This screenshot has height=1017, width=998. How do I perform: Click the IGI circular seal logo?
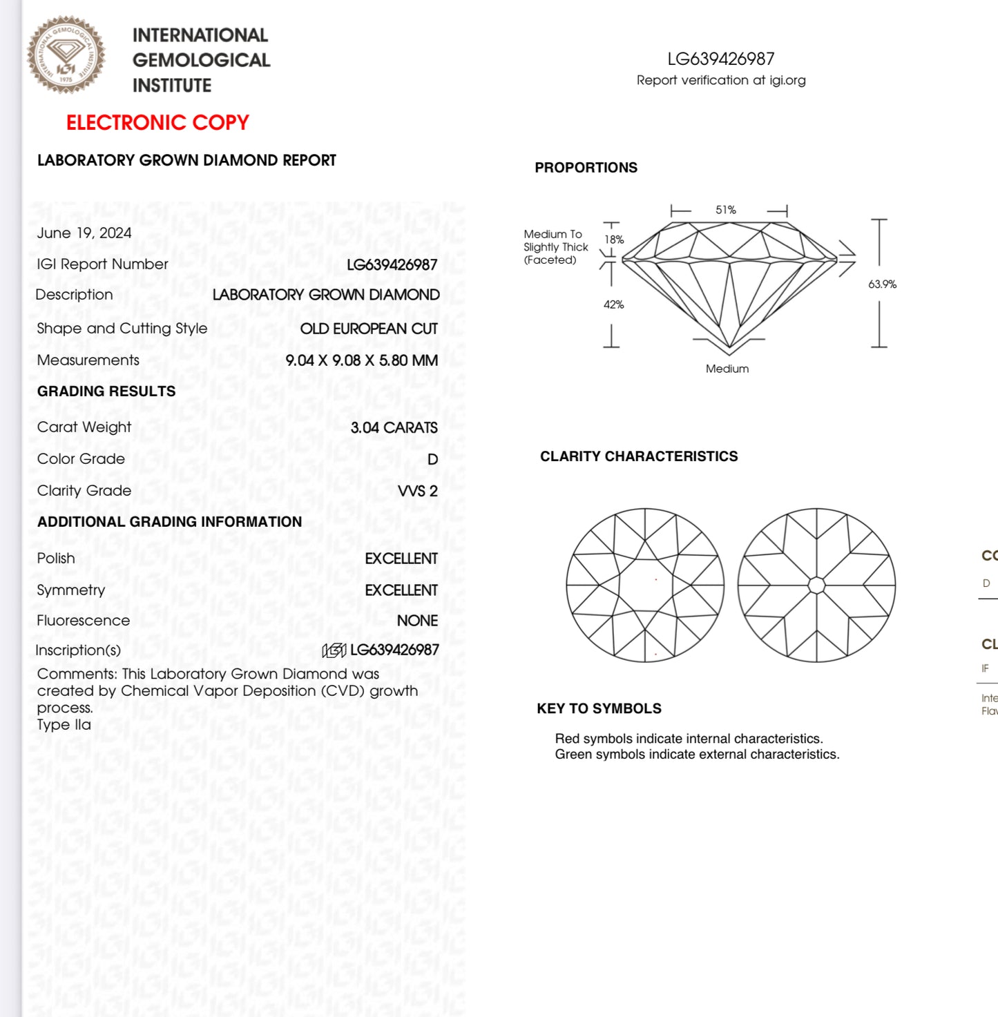coord(66,55)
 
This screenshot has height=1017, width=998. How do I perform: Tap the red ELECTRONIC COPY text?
coord(157,122)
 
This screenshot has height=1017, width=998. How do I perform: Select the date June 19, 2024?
coord(84,233)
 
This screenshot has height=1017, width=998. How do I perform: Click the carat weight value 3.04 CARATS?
coord(394,427)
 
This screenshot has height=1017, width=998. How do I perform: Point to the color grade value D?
coord(432,459)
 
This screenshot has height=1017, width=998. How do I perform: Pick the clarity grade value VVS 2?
coord(417,491)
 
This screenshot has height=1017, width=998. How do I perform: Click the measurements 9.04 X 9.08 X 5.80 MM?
coord(361,360)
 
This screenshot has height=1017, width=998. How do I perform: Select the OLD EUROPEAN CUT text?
coord(369,329)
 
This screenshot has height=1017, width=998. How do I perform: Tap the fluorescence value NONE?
coord(417,621)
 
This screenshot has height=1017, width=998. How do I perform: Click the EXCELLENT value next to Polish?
coord(401,559)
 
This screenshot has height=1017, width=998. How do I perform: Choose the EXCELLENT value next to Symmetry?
coord(401,590)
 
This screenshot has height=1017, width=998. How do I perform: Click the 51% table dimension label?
coord(726,210)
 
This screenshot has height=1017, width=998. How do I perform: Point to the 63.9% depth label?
coord(882,284)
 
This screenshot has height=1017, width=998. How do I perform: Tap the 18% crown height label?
coord(614,240)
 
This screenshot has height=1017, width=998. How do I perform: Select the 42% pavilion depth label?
coord(613,304)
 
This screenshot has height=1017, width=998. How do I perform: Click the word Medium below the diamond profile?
coord(727,369)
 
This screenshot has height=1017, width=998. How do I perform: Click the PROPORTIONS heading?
coord(586,168)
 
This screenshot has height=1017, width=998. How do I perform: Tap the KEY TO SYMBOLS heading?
coord(599,708)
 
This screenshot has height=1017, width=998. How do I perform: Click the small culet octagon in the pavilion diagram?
coord(816,585)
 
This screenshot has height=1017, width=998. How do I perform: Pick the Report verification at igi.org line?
coord(721,80)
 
